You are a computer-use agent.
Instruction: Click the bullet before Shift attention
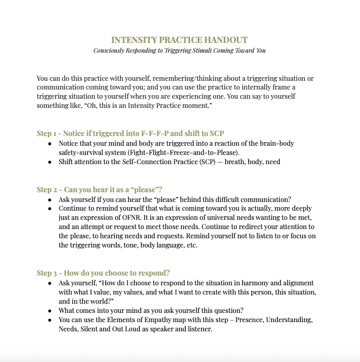[50, 162]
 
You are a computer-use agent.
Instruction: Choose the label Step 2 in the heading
[47, 190]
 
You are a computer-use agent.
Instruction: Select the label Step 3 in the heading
[47, 273]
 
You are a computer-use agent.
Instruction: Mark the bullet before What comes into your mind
[50, 310]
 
